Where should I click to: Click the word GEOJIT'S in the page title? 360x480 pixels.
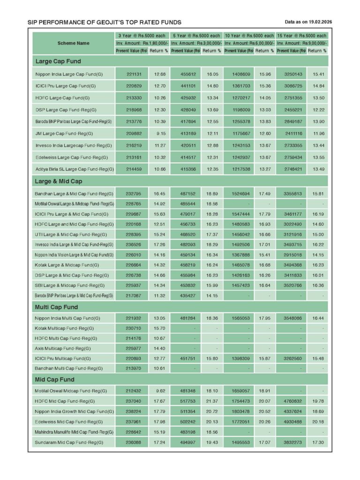click(x=114, y=22)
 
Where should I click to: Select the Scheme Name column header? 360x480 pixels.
click(x=73, y=43)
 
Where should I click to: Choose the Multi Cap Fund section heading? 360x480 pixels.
click(x=56, y=307)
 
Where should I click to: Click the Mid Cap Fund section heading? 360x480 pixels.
click(x=54, y=379)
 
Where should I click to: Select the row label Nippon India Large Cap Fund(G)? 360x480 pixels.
click(x=69, y=74)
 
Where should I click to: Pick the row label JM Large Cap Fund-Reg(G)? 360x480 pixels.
click(x=64, y=133)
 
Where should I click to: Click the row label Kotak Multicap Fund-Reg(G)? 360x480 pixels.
click(x=64, y=328)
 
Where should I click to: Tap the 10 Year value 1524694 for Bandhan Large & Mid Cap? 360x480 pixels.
click(x=240, y=194)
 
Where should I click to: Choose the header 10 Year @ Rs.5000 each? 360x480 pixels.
click(x=249, y=36)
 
